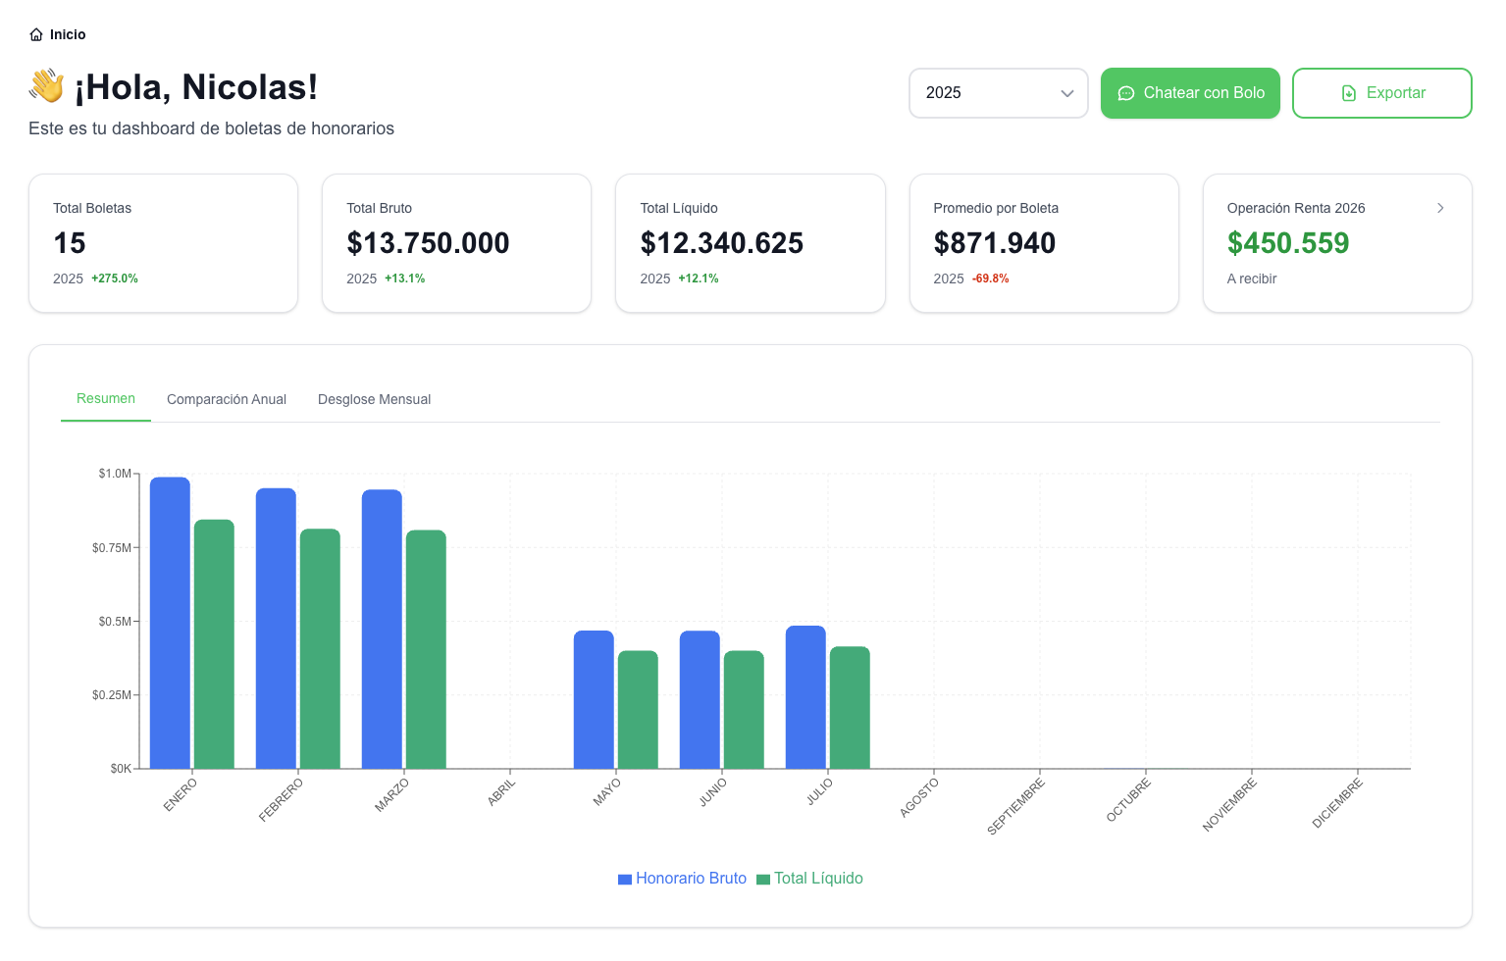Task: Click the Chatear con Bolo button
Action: coord(1190,93)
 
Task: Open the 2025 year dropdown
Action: coord(998,93)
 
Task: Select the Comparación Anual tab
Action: coord(227,399)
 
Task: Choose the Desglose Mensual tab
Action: coord(374,399)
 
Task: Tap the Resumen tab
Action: coord(106,398)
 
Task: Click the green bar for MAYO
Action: coord(638,710)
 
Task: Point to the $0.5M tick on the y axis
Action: coord(114,622)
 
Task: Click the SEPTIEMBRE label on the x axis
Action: coord(1016,806)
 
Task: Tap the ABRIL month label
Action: coord(501,791)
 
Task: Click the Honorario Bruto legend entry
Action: coord(682,879)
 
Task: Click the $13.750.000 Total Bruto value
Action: coord(428,243)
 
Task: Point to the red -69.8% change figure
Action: coord(990,278)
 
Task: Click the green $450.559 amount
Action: coord(1287,243)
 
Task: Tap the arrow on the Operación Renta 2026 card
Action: coord(1440,208)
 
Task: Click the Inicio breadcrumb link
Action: coord(58,34)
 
